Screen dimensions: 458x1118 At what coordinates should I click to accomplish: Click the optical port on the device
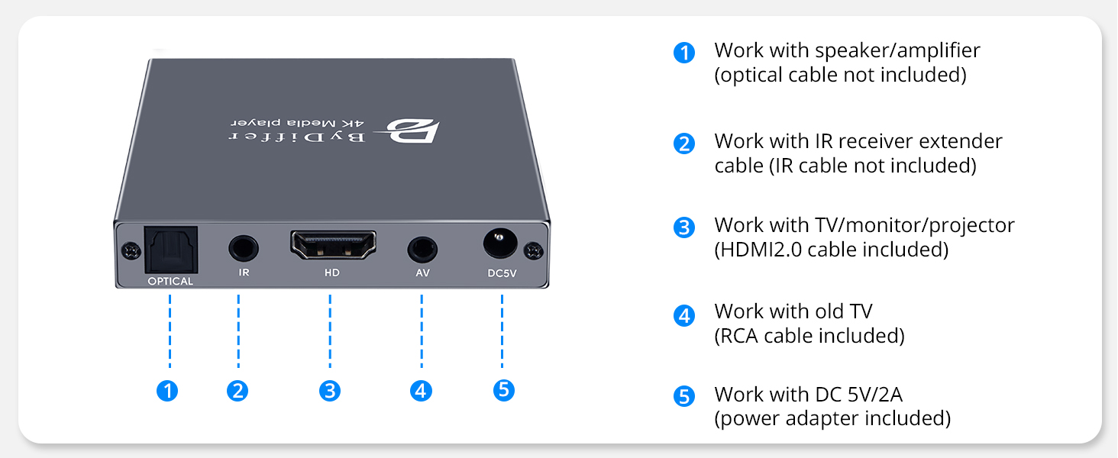171,248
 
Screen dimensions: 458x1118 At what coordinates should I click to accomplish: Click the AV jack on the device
422,249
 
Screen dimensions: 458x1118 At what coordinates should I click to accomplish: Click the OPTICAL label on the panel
171,281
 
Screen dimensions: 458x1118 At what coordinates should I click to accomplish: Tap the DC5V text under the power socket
502,273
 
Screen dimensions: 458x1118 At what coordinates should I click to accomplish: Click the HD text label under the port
332,273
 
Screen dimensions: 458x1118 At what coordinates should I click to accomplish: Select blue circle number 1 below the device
167,391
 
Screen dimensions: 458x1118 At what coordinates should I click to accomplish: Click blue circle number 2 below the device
237,391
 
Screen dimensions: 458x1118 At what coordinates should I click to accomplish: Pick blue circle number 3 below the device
329,391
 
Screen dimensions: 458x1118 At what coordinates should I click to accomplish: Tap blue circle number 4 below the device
421,391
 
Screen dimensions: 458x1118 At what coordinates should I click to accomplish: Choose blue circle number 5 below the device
502,390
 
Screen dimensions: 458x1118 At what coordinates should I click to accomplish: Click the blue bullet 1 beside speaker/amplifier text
684,53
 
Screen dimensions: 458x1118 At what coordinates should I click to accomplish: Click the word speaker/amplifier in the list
897,51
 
